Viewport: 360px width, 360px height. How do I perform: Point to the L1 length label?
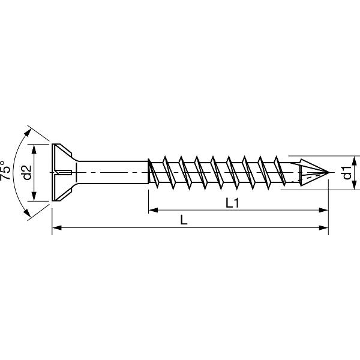coord(233,203)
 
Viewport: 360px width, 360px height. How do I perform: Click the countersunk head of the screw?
coord(63,173)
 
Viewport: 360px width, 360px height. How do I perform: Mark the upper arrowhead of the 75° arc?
coord(28,129)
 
